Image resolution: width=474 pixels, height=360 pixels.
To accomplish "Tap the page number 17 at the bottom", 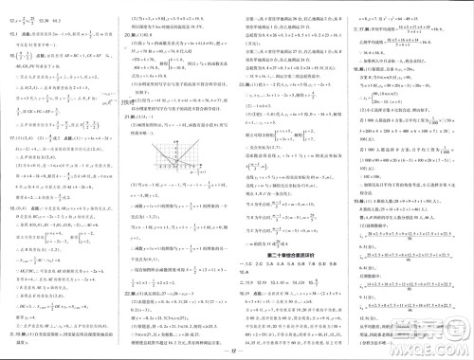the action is (237, 352).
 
